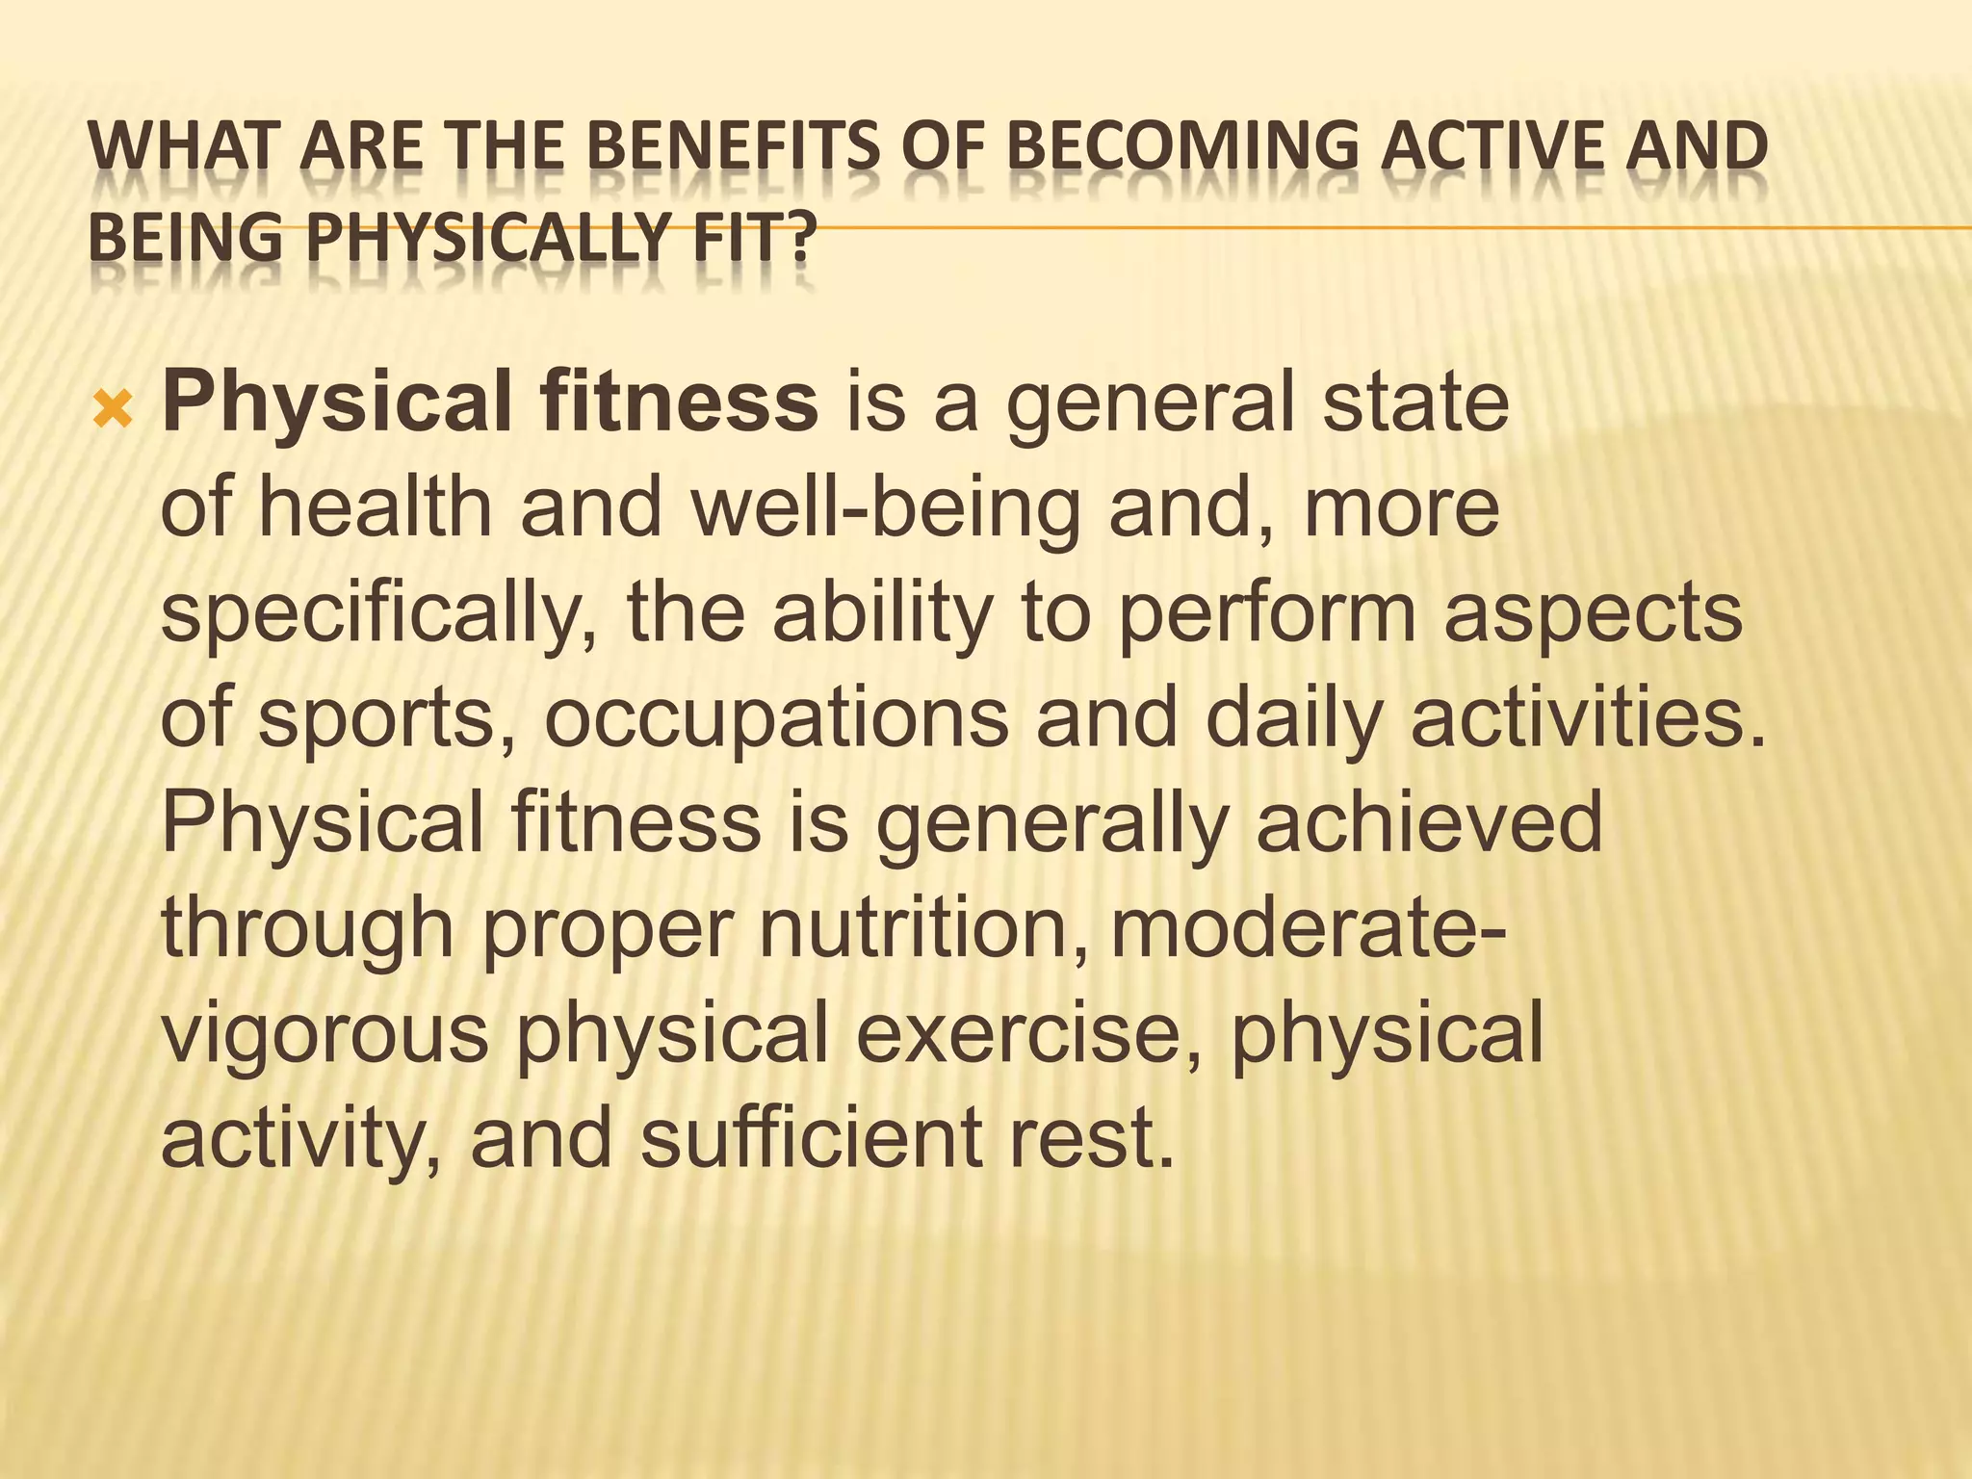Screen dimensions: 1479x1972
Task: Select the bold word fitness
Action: tap(678, 402)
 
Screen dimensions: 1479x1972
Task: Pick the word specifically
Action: tap(380, 613)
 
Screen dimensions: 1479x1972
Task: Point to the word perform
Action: tap(1266, 613)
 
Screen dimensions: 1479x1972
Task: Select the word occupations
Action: tap(776, 719)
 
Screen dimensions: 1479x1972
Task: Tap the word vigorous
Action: tap(325, 1033)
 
